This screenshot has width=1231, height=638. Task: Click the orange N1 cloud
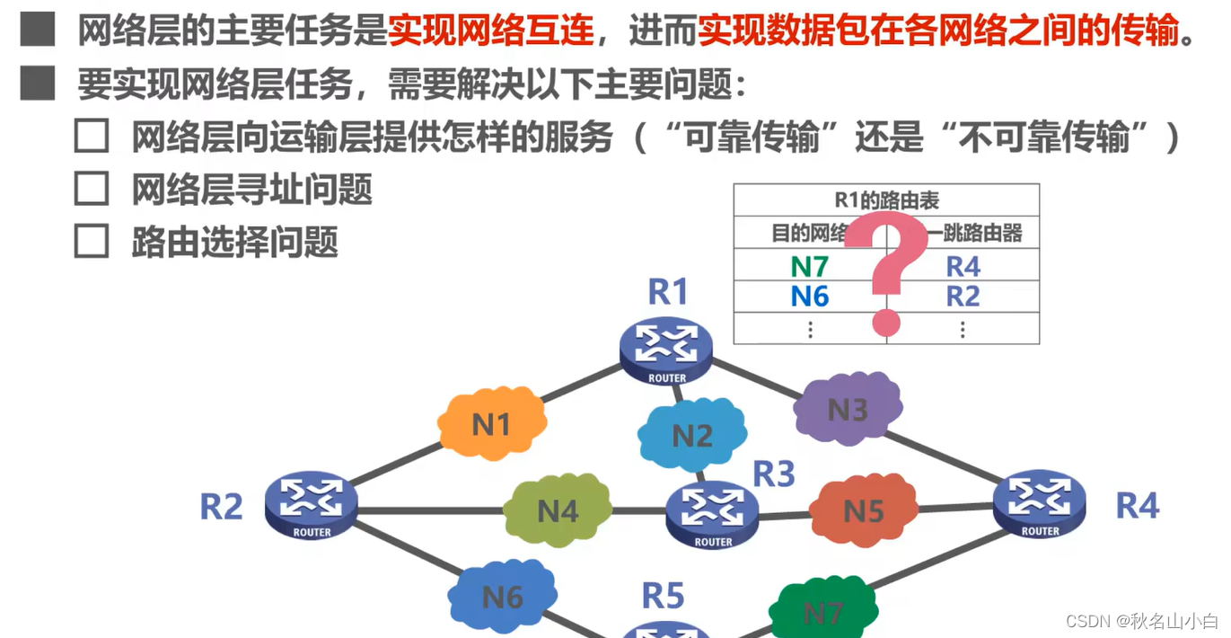492,423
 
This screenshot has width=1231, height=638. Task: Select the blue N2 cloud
691,436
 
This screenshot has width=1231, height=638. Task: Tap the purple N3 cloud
847,409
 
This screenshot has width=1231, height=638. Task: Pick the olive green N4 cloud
558,510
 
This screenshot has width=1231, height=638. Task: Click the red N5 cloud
863,510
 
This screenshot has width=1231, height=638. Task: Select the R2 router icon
312,504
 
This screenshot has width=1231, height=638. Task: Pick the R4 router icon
1040,502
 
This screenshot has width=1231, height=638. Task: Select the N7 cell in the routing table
810,267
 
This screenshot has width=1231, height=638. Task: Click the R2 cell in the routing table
963,297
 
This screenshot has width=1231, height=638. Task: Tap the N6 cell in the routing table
810,297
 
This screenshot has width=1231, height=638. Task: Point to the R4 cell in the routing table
963,267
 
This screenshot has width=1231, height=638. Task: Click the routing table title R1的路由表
886,200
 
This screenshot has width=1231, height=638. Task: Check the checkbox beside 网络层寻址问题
92,189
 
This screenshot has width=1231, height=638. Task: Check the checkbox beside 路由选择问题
92,242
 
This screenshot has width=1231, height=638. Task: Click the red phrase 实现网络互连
491,33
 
